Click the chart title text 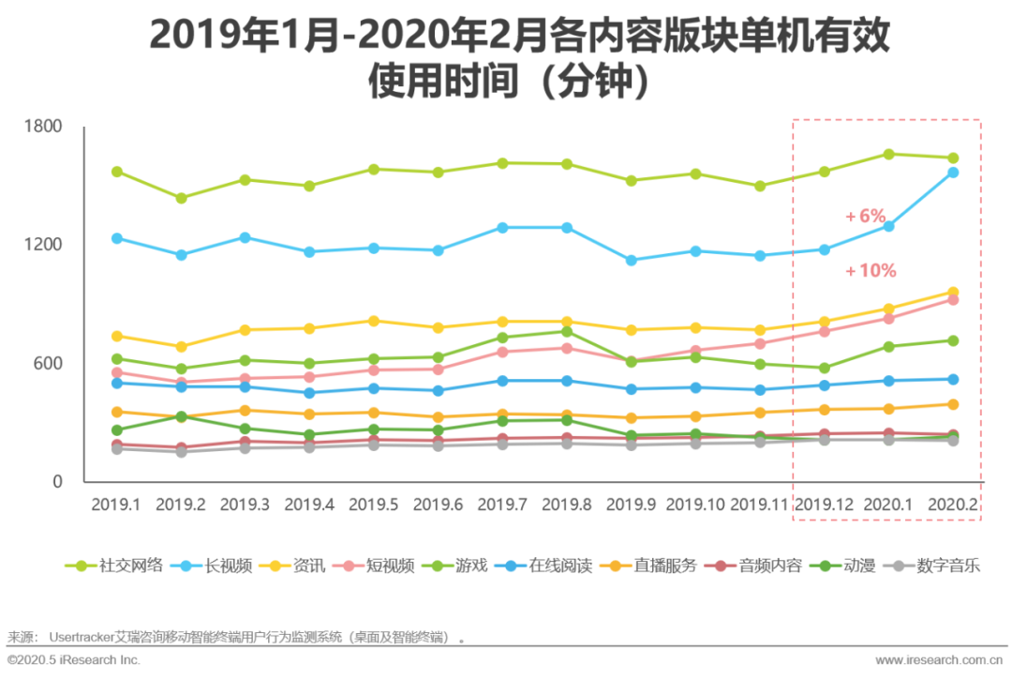pos(506,58)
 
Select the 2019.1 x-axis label pos(116,505)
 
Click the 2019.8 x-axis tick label pos(567,505)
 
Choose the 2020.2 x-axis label pos(952,505)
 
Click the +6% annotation pos(865,216)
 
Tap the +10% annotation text pos(870,271)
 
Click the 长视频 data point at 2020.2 pos(952,172)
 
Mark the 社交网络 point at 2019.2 pos(181,198)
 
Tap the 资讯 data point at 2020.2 pos(952,293)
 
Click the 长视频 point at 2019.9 pos(632,261)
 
